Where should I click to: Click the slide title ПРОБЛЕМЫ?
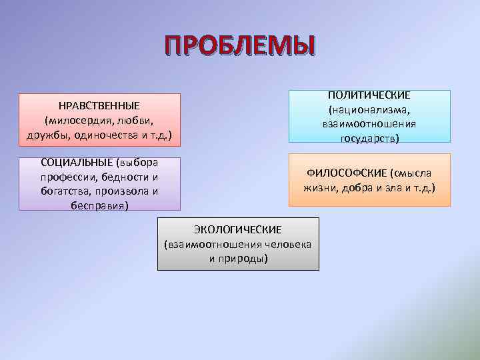click(x=241, y=47)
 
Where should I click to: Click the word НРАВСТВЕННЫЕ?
click(x=99, y=105)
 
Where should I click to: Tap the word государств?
click(x=369, y=139)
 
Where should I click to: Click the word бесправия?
click(x=99, y=206)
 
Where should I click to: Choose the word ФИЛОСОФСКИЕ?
click(x=347, y=173)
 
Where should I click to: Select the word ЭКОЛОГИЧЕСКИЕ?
click(x=238, y=229)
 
